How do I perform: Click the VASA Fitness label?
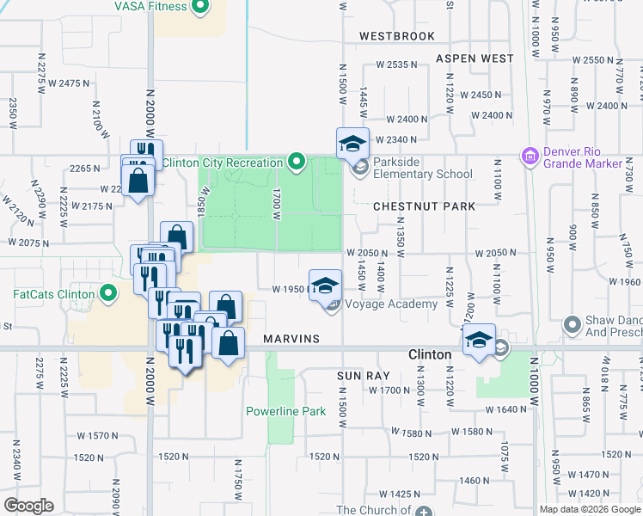150,7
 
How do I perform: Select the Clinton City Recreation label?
222,163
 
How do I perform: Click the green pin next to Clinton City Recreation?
297,161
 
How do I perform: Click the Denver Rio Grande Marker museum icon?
530,156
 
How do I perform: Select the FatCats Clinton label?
53,293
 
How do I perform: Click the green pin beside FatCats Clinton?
107,294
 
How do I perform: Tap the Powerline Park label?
286,411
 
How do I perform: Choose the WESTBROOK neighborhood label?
397,36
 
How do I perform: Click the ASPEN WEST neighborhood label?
475,58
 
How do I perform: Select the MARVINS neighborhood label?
292,339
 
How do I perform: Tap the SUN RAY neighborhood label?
364,376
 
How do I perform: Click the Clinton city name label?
429,354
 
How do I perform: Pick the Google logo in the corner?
28,506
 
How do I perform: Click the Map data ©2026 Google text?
589,509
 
